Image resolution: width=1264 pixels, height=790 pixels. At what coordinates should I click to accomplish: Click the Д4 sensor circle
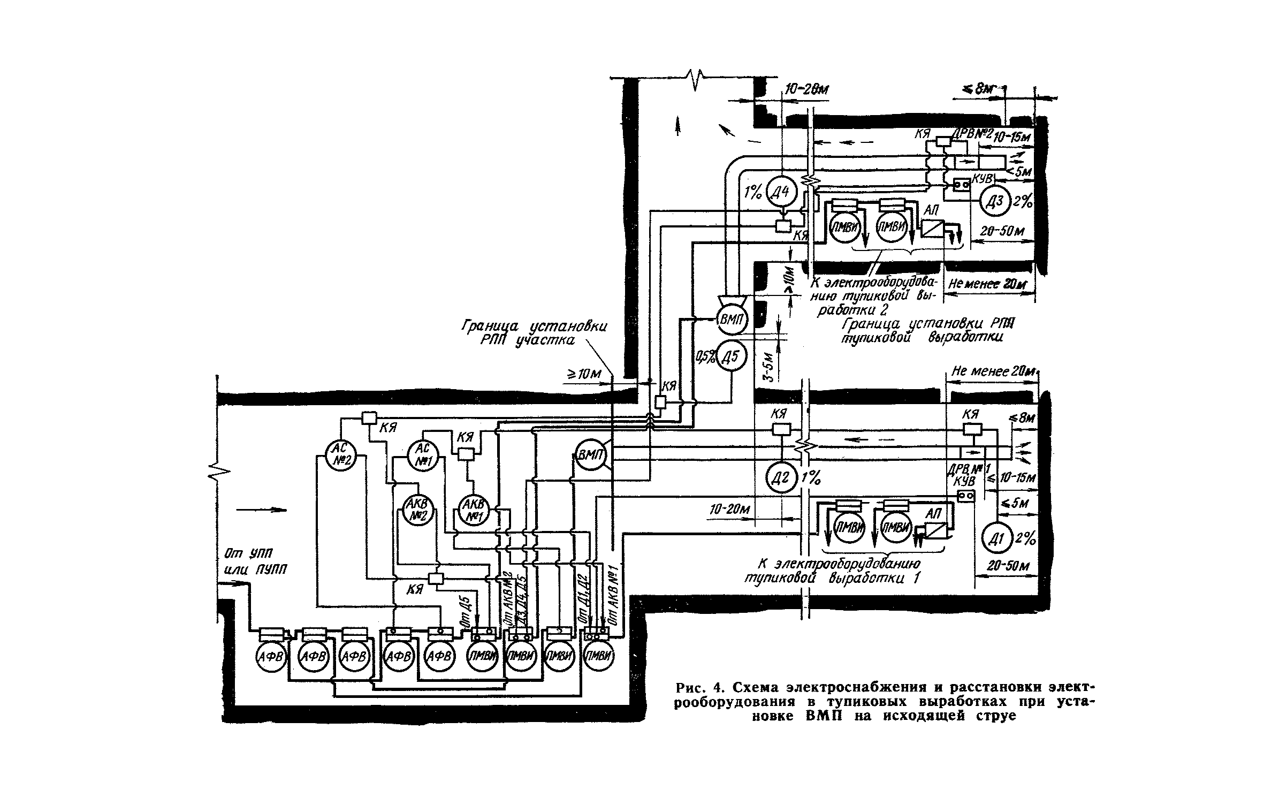pyautogui.click(x=782, y=191)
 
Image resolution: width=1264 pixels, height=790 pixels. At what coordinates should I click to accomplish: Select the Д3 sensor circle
pyautogui.click(x=995, y=202)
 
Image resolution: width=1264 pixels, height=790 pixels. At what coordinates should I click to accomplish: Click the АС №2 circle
pyautogui.click(x=341, y=455)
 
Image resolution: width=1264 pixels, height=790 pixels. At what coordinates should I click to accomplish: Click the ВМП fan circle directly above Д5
pyautogui.click(x=731, y=320)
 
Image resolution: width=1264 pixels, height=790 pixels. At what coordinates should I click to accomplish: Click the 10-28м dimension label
pyautogui.click(x=806, y=90)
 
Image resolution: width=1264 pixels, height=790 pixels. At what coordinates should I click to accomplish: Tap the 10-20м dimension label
pyautogui.click(x=730, y=510)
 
